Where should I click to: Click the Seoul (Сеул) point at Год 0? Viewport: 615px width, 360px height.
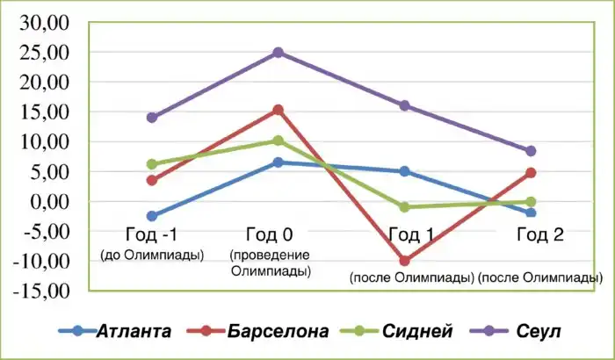278,53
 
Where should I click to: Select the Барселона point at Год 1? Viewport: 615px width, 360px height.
404,261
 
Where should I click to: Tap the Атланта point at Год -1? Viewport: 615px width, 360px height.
152,216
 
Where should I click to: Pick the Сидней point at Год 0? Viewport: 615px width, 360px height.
278,140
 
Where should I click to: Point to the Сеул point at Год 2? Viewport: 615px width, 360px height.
530,151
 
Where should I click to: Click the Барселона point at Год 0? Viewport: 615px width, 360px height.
278,110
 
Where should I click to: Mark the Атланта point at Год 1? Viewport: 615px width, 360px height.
404,171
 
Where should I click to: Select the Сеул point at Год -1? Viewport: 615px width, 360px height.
152,118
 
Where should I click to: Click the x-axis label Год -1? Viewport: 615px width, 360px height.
151,235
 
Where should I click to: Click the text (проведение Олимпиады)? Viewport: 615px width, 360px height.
271,263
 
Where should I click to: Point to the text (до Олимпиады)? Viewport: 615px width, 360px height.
151,256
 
